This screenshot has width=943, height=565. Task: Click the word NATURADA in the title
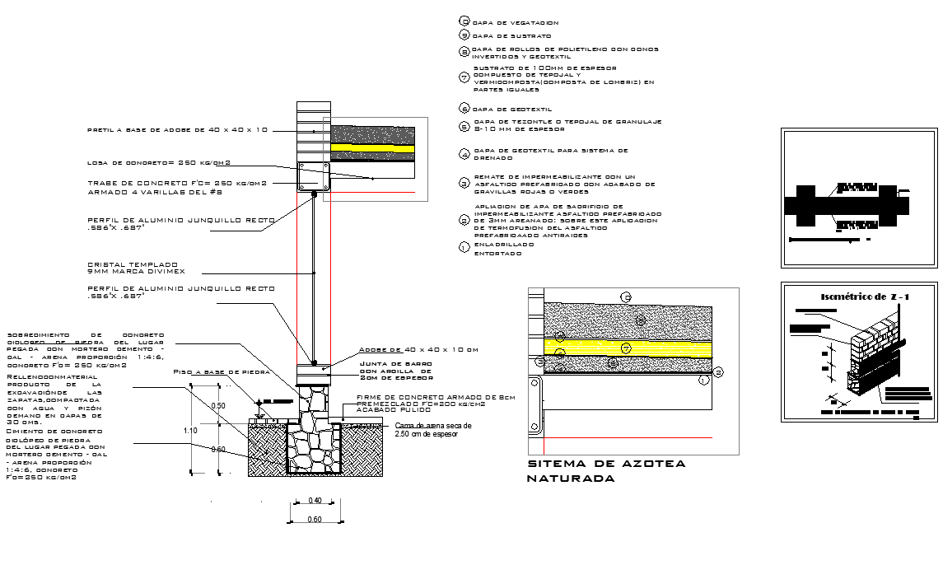pyautogui.click(x=571, y=479)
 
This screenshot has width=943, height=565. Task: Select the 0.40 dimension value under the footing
pyautogui.click(x=315, y=501)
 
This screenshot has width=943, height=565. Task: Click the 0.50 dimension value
pyautogui.click(x=218, y=406)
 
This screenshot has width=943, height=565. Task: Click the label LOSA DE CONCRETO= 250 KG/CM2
pyautogui.click(x=159, y=162)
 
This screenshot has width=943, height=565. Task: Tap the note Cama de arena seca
pyautogui.click(x=433, y=426)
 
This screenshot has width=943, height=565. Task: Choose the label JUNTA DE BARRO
pyautogui.click(x=391, y=363)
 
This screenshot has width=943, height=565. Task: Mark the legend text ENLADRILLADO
pyautogui.click(x=504, y=245)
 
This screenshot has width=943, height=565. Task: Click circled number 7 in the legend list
pyautogui.click(x=464, y=78)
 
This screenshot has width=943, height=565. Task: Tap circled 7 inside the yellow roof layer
pyautogui.click(x=626, y=349)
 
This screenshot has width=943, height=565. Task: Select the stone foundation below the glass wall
pyautogui.click(x=314, y=432)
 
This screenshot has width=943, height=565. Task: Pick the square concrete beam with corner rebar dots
pyautogui.click(x=313, y=176)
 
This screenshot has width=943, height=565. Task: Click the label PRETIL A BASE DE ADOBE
pyautogui.click(x=178, y=130)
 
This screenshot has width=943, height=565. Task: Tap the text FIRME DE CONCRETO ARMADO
pyautogui.click(x=435, y=397)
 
